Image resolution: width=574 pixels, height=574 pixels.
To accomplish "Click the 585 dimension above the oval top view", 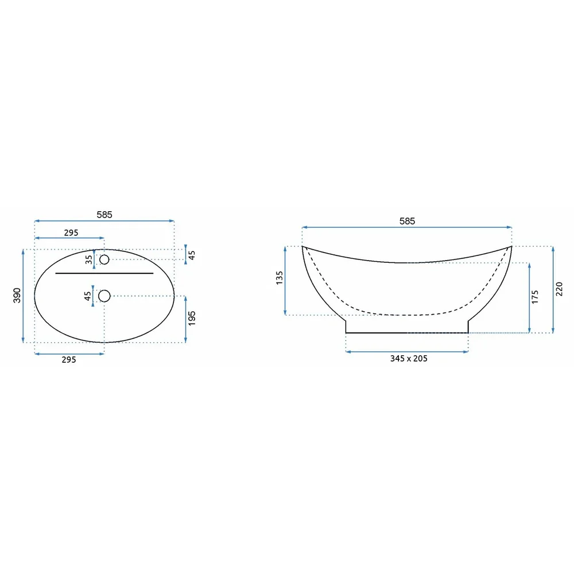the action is tap(104, 215).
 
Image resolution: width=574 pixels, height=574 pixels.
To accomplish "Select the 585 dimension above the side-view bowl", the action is tap(407, 221).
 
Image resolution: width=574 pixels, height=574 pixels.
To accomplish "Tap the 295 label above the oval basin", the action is tap(71, 233).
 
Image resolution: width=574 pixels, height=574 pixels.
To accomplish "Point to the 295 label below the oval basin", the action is tap(69, 359).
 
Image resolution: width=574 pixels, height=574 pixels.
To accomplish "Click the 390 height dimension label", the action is tap(17, 296).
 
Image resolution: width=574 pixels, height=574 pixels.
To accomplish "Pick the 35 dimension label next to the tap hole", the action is tap(88, 259).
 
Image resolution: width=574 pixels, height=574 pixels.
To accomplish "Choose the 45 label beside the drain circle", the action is tap(87, 296).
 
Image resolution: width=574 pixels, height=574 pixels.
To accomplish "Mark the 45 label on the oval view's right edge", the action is tap(192, 255).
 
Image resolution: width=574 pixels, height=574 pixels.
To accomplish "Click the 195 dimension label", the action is tap(192, 318).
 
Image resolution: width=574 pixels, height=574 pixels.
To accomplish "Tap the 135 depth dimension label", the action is tap(280, 278).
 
